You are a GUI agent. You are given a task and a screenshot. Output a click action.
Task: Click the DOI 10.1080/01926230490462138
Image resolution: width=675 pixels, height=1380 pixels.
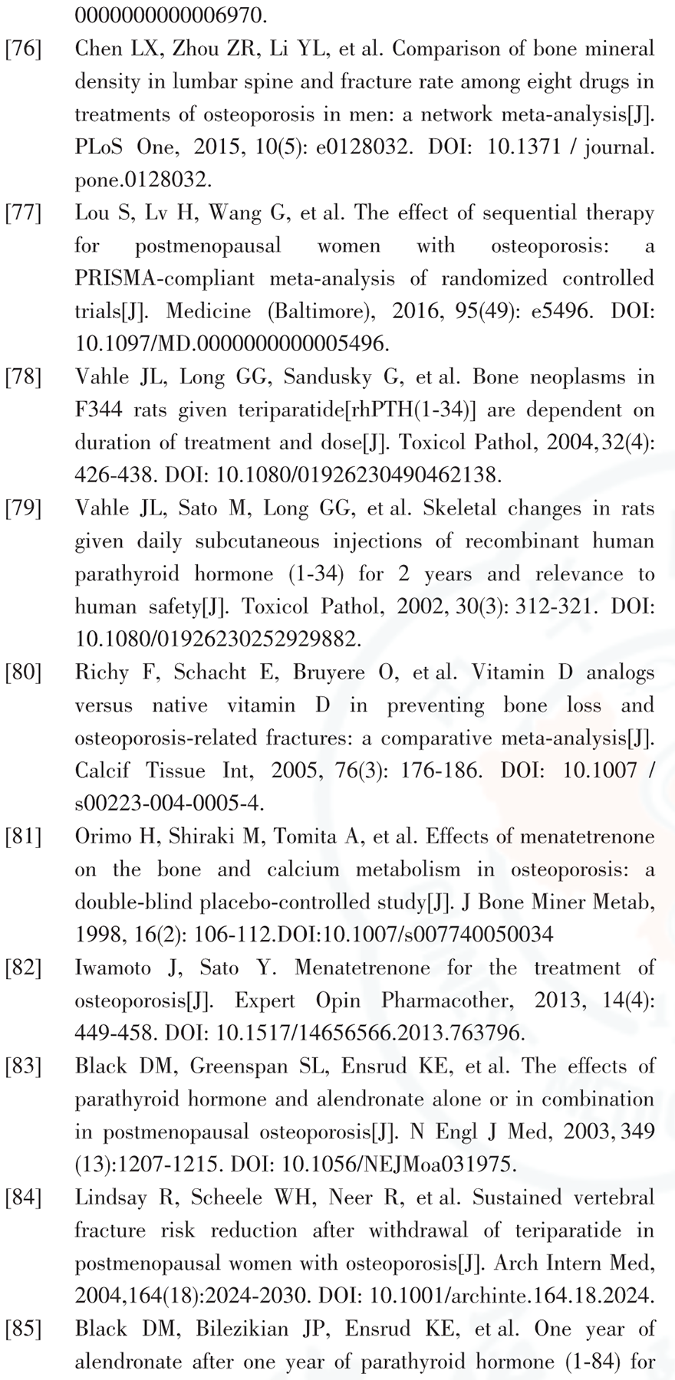[x=359, y=475]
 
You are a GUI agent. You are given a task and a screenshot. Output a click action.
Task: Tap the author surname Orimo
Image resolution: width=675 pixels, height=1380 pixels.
[x=104, y=837]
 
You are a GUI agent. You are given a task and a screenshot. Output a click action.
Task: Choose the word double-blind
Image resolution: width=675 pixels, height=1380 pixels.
[x=129, y=902]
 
